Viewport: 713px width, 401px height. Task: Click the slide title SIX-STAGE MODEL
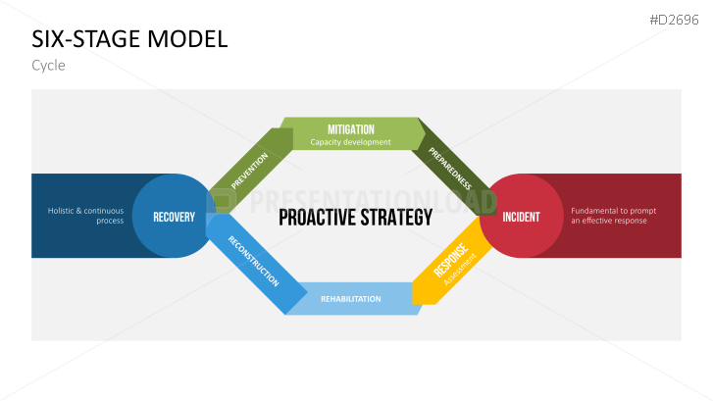129,39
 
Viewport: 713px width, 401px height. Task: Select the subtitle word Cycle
48,66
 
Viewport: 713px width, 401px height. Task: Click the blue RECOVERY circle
174,217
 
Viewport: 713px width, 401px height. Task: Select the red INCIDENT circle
521,217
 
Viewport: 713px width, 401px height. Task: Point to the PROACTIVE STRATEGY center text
355,218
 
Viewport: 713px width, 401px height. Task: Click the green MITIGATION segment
350,129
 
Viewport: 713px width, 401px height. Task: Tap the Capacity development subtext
350,142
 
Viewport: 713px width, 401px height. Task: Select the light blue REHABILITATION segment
350,298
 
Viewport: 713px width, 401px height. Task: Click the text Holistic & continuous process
85,216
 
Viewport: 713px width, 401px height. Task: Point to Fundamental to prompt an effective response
613,216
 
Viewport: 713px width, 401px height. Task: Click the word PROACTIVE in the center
316,218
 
